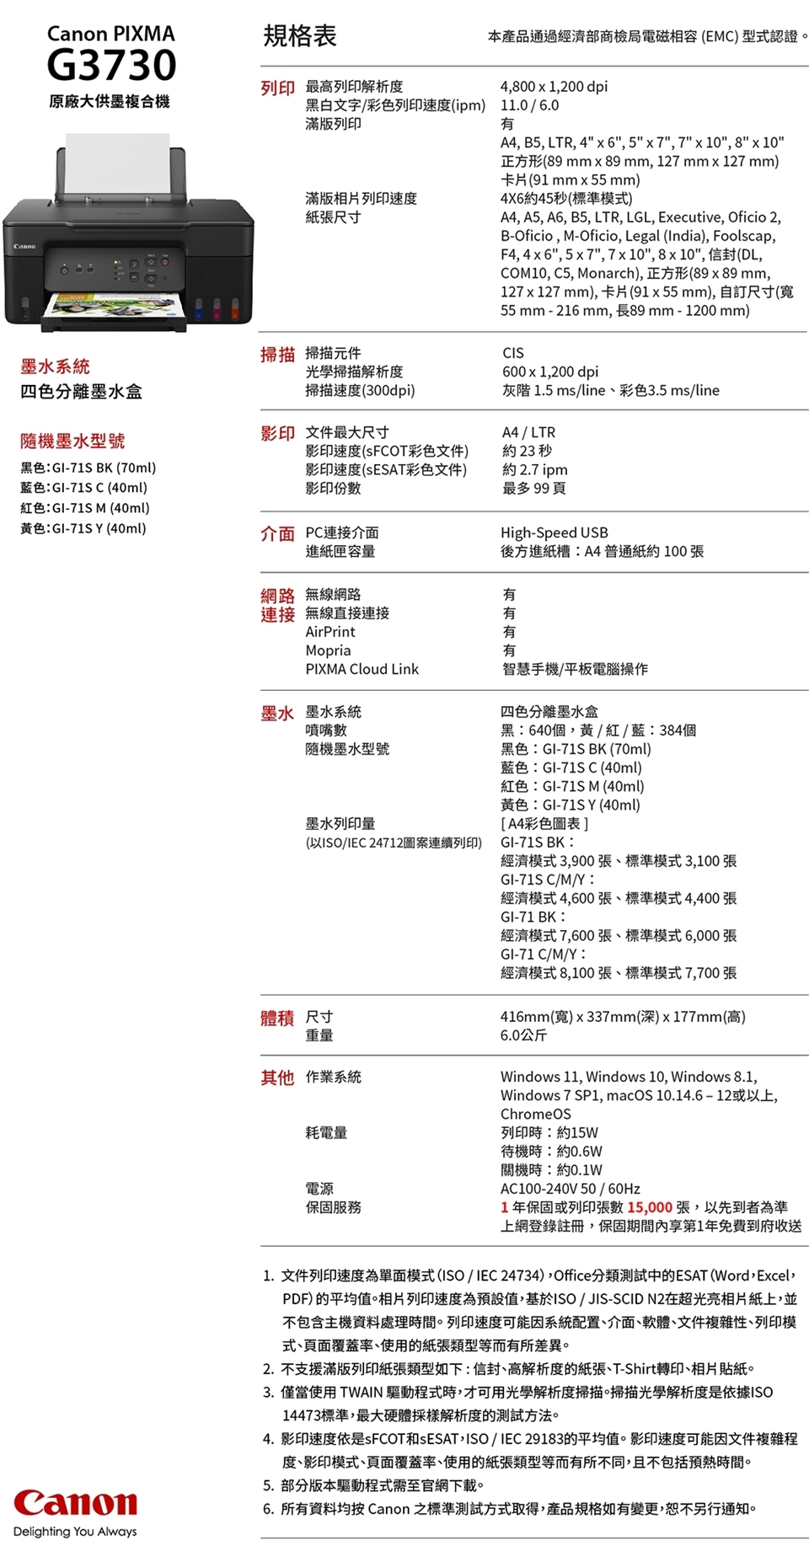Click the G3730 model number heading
tap(111, 65)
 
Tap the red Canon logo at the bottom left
tap(75, 1502)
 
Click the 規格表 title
tap(300, 35)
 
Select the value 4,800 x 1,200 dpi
tap(554, 86)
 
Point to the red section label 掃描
tap(277, 355)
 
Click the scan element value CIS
tap(512, 353)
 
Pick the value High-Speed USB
tap(554, 532)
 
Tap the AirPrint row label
tap(329, 632)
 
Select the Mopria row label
tap(328, 650)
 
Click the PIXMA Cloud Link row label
tap(362, 669)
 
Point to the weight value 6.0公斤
tap(523, 1035)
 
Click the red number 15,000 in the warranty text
tap(649, 1207)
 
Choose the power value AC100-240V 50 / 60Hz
tap(570, 1189)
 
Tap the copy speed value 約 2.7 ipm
tap(534, 469)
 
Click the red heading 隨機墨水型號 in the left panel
tap(72, 441)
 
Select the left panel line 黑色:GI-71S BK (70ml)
tap(88, 468)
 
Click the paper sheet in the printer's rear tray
tap(117, 164)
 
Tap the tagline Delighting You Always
tap(75, 1532)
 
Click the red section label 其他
tap(277, 1078)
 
